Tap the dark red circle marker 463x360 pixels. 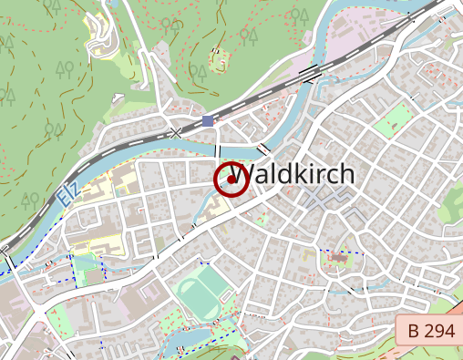pos(231,180)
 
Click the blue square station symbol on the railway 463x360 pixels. pos(208,120)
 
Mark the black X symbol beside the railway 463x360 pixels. pos(176,133)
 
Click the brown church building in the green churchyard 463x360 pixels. pos(337,261)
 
